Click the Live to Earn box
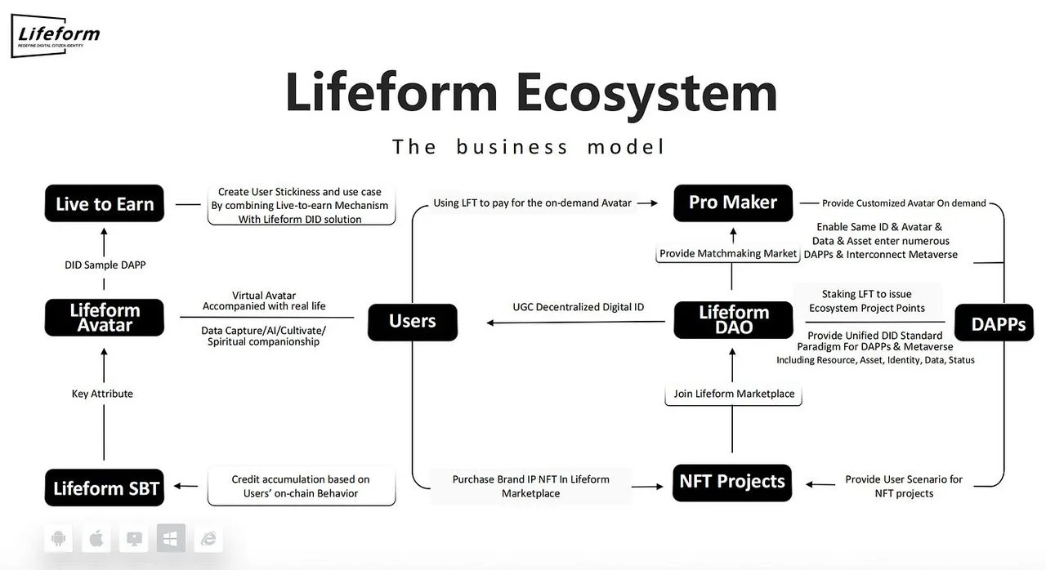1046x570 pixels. pyautogui.click(x=105, y=204)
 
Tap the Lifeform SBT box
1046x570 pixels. pyautogui.click(x=105, y=488)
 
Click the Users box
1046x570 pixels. pyautogui.click(x=413, y=321)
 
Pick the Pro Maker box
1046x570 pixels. pyautogui.click(x=733, y=203)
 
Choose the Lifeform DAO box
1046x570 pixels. pyautogui.click(x=733, y=320)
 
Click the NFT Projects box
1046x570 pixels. pyautogui.click(x=732, y=481)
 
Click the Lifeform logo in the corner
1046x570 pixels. pyautogui.click(x=57, y=36)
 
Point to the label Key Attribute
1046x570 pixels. pyautogui.click(x=102, y=394)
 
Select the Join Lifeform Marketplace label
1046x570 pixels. pyautogui.click(x=734, y=394)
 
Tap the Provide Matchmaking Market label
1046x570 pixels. pyautogui.click(x=728, y=253)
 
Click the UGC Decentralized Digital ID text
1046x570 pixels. pyautogui.click(x=579, y=307)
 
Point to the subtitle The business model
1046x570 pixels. pyautogui.click(x=529, y=147)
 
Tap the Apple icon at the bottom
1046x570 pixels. pyautogui.click(x=96, y=538)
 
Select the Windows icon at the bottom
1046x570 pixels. pyautogui.click(x=171, y=538)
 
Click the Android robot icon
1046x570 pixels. pyautogui.click(x=58, y=538)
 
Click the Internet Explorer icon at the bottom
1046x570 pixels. pyautogui.click(x=208, y=538)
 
